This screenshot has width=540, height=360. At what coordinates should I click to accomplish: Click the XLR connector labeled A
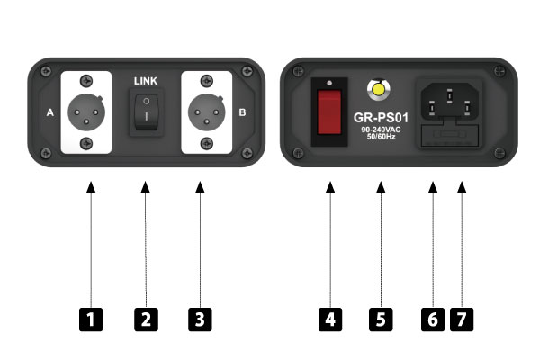86,112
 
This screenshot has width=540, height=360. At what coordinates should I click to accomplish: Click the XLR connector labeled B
207,112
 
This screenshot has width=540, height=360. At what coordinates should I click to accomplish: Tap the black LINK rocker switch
147,112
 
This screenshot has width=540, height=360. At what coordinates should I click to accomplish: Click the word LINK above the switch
146,81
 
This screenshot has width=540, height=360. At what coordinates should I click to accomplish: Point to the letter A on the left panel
50,112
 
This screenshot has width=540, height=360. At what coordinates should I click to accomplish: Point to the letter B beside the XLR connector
242,112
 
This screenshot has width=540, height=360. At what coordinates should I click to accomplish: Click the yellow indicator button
379,89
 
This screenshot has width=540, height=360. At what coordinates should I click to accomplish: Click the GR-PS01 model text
381,118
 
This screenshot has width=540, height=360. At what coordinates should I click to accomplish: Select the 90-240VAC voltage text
381,130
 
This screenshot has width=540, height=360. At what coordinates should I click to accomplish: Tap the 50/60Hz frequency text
382,137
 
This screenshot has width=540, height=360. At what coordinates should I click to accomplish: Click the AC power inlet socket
449,103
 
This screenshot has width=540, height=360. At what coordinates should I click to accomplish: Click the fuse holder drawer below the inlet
450,135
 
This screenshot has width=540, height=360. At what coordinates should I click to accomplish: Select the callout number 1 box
91,319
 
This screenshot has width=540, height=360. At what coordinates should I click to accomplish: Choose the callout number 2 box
146,319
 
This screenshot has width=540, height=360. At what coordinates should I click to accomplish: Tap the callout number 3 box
200,319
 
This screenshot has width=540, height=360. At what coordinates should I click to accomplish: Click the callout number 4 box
330,319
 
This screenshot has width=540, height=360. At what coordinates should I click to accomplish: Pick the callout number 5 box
381,319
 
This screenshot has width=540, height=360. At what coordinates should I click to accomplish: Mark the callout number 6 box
433,319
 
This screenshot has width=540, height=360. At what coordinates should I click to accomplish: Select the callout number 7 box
462,319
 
